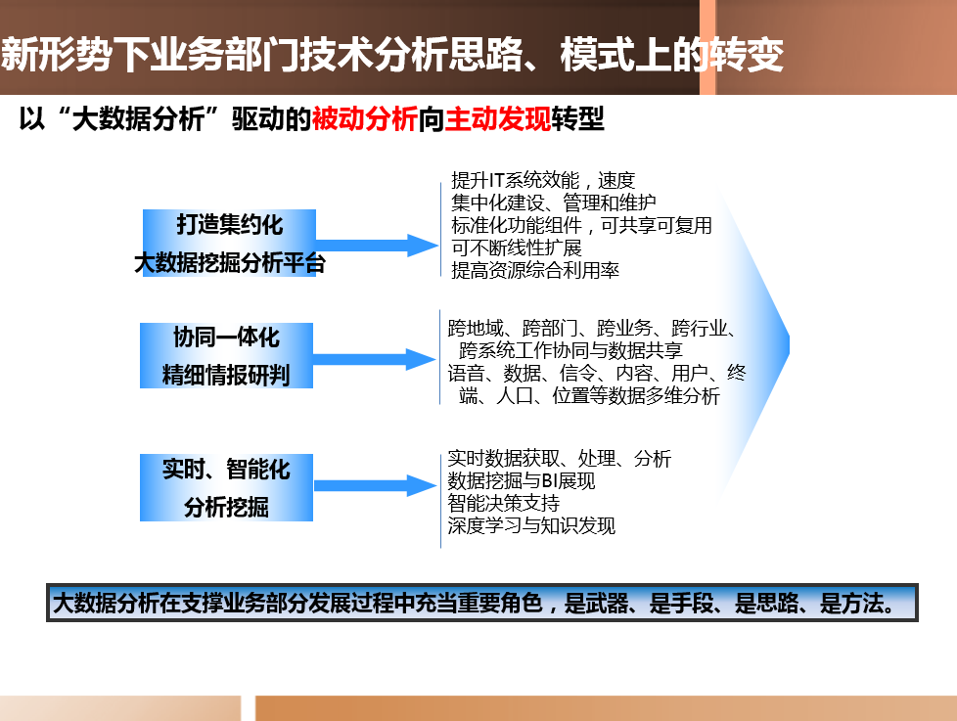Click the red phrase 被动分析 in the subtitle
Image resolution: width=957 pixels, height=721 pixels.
(364, 118)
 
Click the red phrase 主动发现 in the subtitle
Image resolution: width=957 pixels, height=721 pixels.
(497, 118)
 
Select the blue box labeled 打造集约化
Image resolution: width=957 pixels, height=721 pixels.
(230, 243)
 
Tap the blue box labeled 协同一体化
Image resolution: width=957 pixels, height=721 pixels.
(226, 356)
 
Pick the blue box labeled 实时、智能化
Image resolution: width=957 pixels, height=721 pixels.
(226, 487)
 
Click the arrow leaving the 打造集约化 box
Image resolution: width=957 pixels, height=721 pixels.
(377, 246)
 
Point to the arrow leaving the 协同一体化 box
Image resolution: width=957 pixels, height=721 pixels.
(374, 359)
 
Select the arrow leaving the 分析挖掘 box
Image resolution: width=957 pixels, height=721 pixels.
(375, 485)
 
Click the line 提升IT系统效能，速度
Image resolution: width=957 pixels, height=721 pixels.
(543, 180)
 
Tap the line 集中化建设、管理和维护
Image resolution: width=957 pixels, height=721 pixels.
(554, 202)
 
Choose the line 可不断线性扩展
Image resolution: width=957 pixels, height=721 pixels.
(517, 248)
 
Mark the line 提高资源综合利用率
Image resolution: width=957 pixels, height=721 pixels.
(535, 270)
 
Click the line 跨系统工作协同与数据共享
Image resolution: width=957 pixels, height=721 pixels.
(570, 350)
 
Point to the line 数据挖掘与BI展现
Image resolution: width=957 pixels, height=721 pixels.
(522, 480)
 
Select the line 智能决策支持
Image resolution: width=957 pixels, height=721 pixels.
(504, 503)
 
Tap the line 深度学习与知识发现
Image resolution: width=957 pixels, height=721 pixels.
(531, 525)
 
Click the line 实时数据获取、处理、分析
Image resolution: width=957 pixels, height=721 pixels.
(559, 458)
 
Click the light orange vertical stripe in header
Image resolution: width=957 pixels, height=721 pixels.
(707, 47)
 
